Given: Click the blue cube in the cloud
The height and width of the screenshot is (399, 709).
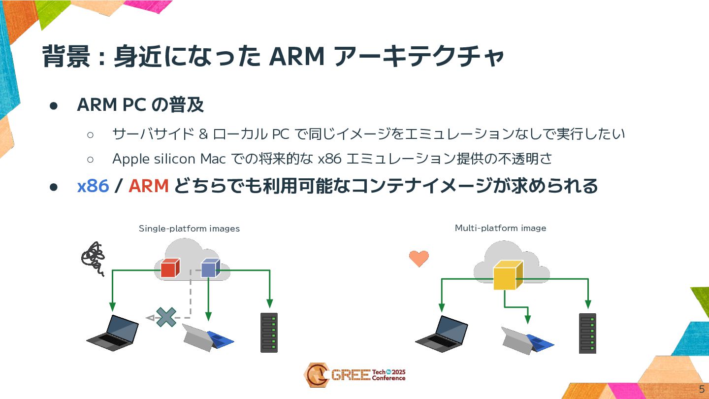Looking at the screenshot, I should (x=210, y=268).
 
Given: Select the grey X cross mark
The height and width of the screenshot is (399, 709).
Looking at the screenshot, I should (x=166, y=317).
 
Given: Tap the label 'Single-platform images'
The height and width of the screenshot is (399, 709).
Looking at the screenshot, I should (x=189, y=229).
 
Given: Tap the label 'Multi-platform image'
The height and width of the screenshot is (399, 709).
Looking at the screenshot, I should (x=500, y=228).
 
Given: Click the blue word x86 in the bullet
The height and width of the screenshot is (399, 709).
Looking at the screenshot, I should (x=93, y=186).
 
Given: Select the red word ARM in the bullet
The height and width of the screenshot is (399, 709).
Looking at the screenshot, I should (x=149, y=186).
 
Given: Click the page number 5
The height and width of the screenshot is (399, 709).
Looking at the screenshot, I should (x=702, y=389).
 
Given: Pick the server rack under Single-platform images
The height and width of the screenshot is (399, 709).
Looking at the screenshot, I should (x=269, y=332).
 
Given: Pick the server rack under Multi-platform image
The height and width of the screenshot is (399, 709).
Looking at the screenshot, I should (x=587, y=333).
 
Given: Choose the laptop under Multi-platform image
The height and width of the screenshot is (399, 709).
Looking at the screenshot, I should (x=442, y=333).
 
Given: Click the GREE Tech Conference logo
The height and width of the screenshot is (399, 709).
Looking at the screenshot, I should (x=354, y=375).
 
